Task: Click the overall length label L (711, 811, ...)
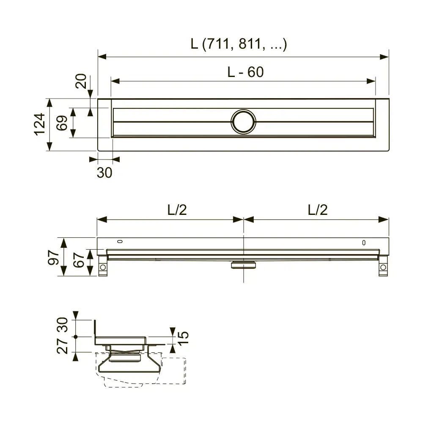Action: click(239, 44)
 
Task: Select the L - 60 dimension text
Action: click(245, 72)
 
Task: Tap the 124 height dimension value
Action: click(40, 124)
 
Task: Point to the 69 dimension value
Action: click(62, 123)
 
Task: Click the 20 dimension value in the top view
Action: click(81, 81)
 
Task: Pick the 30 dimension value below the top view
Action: click(104, 173)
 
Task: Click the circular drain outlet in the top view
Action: click(243, 122)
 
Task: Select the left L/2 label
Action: click(177, 210)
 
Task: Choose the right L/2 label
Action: click(318, 210)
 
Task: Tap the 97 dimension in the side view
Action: click(53, 258)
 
